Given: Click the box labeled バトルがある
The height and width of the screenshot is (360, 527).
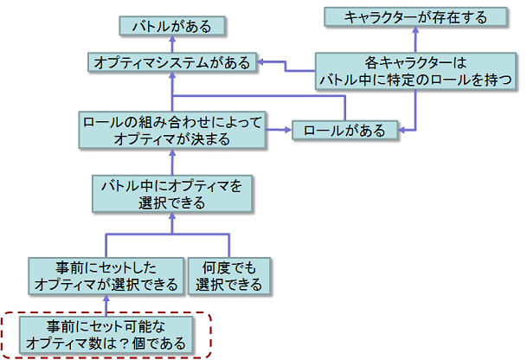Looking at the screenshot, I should tap(172, 26).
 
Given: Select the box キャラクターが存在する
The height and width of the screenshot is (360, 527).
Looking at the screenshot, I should tap(415, 16).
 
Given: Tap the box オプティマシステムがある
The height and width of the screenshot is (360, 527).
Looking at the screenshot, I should tap(172, 62).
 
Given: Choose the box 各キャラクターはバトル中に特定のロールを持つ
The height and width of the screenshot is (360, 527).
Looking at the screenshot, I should tap(416, 71).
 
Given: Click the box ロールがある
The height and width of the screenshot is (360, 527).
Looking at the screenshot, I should tap(344, 130).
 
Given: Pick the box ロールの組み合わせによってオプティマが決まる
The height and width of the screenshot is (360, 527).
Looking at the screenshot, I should tap(171, 128).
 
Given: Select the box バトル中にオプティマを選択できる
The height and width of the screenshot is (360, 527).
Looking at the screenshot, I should tap(171, 193).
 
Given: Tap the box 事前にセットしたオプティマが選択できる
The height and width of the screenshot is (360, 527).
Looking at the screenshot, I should tap(106, 274).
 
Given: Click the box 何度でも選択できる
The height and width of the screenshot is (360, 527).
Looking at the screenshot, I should tap(229, 274).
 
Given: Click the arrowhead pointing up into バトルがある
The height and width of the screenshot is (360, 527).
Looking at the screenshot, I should tap(172, 41).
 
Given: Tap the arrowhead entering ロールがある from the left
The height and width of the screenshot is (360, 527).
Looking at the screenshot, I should tap(287, 130).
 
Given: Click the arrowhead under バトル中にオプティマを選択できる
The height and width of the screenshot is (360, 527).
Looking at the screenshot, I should tap(172, 217).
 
